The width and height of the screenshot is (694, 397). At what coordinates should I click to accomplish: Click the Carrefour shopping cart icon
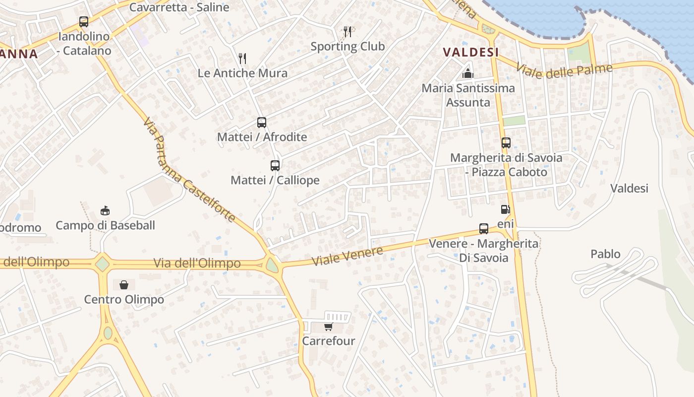coord(328,327)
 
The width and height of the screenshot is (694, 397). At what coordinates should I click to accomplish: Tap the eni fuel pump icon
coord(505,209)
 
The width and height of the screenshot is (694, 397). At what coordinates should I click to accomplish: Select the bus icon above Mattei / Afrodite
coord(262,123)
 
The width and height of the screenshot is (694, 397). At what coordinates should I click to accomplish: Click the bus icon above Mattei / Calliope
coord(275,166)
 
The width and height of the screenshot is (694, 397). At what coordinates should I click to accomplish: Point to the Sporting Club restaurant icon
coord(347,32)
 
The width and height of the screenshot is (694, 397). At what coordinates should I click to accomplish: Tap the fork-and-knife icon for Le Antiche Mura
coord(242,59)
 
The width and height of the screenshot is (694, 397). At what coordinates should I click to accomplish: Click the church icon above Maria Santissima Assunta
coord(468,73)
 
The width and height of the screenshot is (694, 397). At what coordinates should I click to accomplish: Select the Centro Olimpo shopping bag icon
coord(124,285)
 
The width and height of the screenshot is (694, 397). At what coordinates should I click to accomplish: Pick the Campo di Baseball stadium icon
coord(105,210)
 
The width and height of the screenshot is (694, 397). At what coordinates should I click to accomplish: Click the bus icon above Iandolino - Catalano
coord(84,22)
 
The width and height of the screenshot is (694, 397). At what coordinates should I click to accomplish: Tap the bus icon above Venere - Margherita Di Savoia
coord(484,229)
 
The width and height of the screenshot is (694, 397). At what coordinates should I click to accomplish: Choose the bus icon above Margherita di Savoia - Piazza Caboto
coord(506,143)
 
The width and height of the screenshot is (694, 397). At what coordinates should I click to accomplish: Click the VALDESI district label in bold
coord(470,52)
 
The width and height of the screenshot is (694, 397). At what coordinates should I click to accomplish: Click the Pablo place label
coord(605,254)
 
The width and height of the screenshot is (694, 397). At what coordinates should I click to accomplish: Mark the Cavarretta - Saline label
coord(179,7)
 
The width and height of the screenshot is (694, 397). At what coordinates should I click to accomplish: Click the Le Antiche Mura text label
coord(242,73)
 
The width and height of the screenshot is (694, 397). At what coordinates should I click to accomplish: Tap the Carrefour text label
coord(329,341)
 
